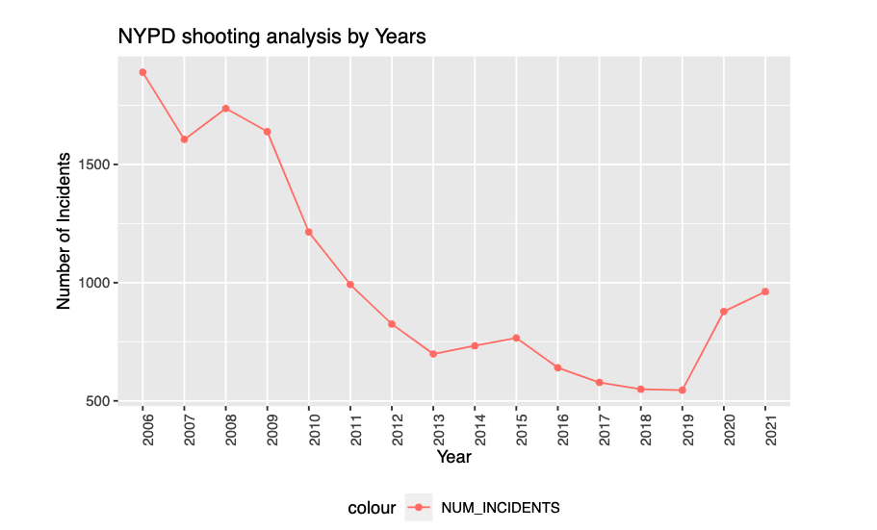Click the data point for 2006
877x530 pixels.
[142, 72]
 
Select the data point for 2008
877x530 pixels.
[225, 109]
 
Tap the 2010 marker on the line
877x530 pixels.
[309, 232]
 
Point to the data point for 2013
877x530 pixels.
[433, 354]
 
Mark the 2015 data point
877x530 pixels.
[516, 338]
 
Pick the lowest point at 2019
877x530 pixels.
[683, 391]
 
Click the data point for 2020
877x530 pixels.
[724, 312]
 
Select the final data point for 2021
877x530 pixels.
[765, 291]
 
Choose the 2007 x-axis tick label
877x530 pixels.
[185, 431]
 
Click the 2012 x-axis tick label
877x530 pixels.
[392, 431]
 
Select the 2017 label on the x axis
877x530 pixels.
[600, 431]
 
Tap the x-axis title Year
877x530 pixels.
[453, 457]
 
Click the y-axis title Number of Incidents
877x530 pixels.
[64, 231]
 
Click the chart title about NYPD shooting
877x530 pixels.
[271, 37]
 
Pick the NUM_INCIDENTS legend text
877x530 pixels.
[501, 507]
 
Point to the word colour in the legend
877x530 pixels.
[372, 507]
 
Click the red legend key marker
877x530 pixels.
[419, 507]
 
